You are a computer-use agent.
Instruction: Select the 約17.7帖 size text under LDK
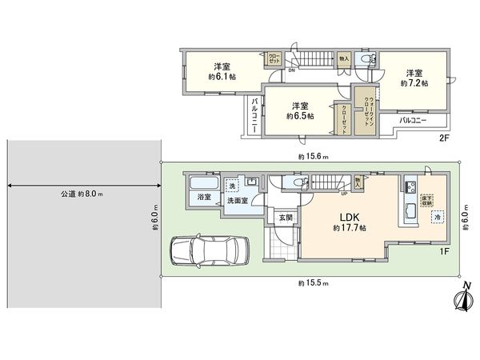[349, 229]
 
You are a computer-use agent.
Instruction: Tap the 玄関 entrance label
[285, 216]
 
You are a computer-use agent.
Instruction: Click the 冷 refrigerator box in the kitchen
[437, 218]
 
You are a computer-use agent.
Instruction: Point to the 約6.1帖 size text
[222, 77]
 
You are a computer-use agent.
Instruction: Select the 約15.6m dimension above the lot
[312, 157]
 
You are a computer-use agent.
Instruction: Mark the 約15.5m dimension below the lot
[312, 283]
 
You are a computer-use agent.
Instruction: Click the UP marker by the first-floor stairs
[343, 193]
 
